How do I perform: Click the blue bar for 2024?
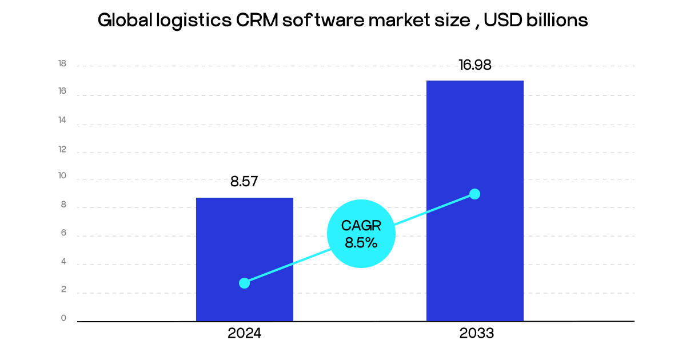pos(245,240)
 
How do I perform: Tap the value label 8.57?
pos(244,182)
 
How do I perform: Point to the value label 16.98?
pos(475,65)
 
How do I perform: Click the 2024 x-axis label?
pos(244,334)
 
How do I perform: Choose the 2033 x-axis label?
pos(476,334)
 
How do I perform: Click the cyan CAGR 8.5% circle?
pos(361,234)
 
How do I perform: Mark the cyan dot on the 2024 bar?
pos(244,283)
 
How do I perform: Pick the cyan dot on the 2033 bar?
pos(474,194)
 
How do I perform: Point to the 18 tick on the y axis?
pos(62,64)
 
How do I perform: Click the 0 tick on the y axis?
pos(64,318)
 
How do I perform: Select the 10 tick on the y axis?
pos(62,177)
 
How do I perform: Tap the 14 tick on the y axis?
pos(62,121)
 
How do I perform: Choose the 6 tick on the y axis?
pos(64,233)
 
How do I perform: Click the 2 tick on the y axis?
pos(64,290)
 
